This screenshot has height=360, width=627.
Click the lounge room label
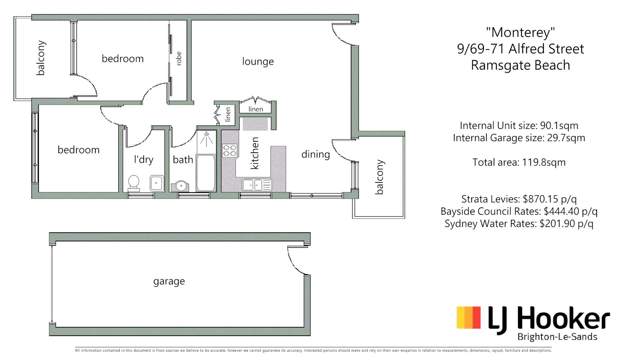click(x=258, y=62)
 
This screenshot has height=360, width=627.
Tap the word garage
click(x=169, y=282)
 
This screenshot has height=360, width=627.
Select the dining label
click(x=316, y=154)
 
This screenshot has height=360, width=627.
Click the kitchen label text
click(x=254, y=153)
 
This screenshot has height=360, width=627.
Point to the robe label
click(x=179, y=59)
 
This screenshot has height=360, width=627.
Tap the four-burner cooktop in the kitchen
click(x=229, y=150)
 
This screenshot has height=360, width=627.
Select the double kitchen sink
click(x=257, y=185)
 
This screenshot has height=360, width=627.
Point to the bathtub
click(x=206, y=173)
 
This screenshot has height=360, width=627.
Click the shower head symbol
click(x=206, y=139)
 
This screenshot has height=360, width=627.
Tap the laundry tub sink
click(x=156, y=183)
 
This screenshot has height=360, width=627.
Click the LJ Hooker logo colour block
click(x=469, y=318)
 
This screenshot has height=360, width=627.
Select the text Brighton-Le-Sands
click(x=557, y=337)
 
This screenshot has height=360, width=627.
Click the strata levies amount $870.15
click(x=540, y=199)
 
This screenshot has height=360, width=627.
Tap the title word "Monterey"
click(x=520, y=32)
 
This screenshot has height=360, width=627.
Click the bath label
click(x=183, y=160)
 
